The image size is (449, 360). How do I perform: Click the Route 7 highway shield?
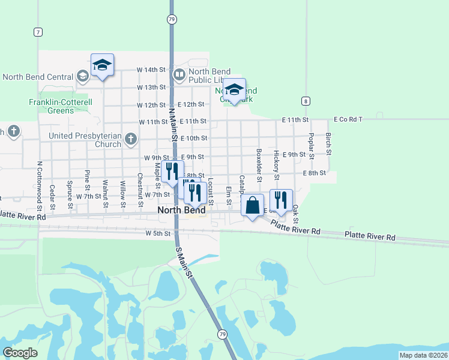[x=38, y=31]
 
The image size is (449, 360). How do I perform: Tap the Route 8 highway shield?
[x=306, y=101]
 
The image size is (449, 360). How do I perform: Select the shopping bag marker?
[x=253, y=205]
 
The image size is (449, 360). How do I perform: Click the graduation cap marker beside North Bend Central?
[x=103, y=65]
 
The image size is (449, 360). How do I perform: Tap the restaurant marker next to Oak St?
[x=281, y=200]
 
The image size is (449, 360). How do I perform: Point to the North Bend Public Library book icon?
[x=179, y=75]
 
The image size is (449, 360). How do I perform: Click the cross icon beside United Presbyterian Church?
[x=130, y=140]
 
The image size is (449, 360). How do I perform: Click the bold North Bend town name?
[x=181, y=211]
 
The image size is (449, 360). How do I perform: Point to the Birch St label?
[x=329, y=143]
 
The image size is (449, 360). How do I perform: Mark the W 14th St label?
[x=151, y=70]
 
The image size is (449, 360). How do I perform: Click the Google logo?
[x=20, y=353]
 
